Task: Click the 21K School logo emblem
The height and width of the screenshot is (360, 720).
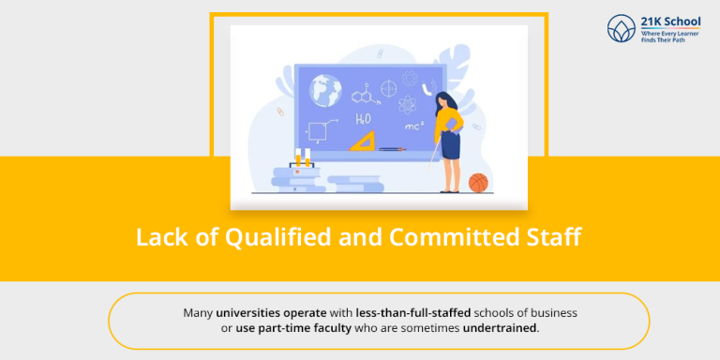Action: tap(622, 29)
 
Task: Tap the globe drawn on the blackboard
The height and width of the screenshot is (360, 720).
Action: tap(325, 90)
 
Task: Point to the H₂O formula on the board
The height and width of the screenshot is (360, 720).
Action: tap(363, 119)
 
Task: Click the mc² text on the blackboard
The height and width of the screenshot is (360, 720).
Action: tap(413, 125)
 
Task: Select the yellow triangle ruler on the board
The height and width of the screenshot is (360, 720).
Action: tap(362, 142)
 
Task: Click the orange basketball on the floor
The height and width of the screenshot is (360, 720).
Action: tap(478, 183)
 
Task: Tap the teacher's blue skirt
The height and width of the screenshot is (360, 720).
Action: tap(451, 144)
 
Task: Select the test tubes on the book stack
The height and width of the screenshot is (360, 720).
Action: tap(301, 158)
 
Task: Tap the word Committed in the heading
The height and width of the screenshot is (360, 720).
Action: tap(456, 237)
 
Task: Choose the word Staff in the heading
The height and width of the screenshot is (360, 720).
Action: tap(555, 237)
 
